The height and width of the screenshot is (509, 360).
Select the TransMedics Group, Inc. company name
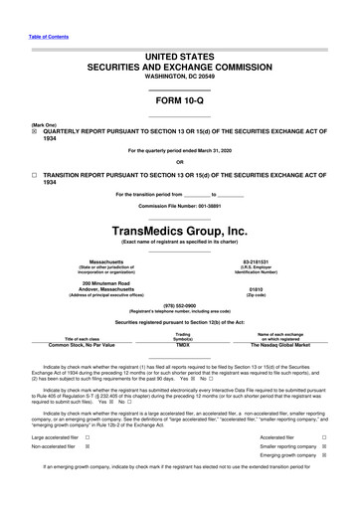[x=179, y=230]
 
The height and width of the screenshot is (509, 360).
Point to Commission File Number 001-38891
[x=179, y=205]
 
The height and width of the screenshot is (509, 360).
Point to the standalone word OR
[x=179, y=163]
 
